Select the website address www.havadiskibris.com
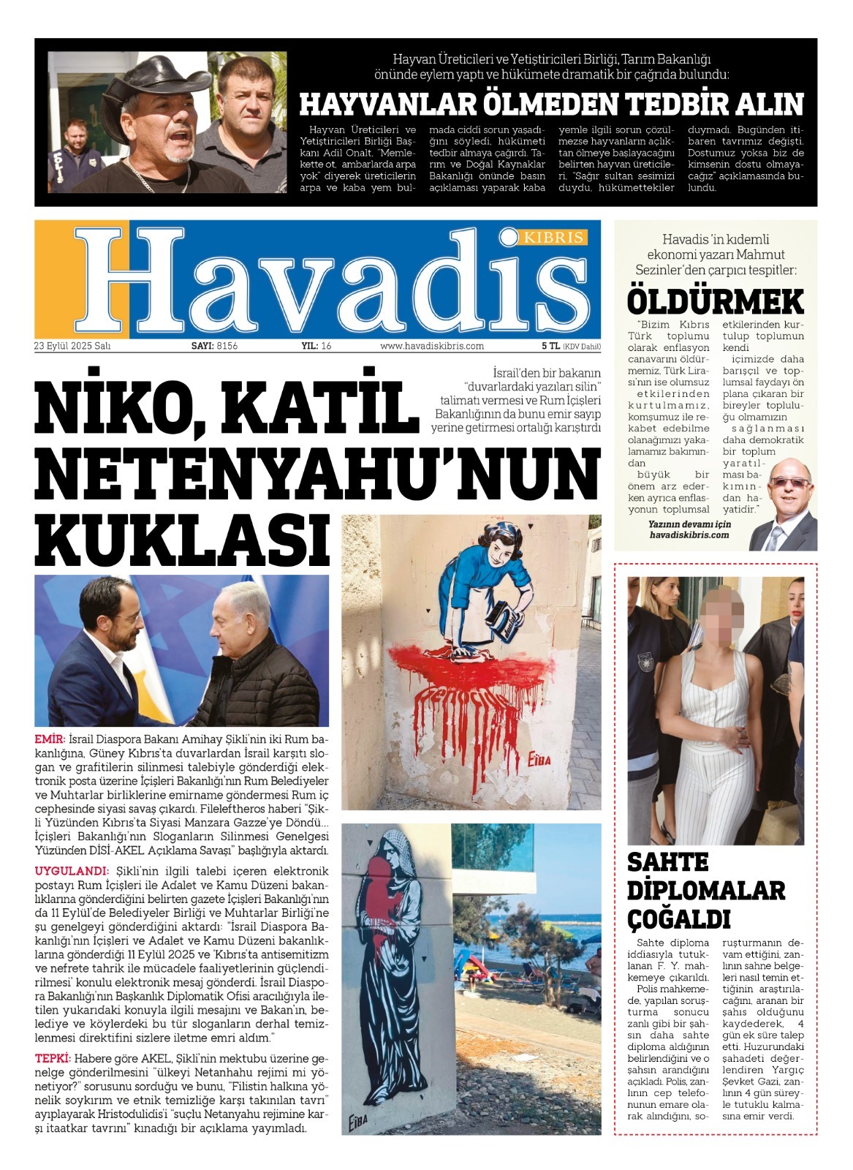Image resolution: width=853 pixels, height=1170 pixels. [x=432, y=346]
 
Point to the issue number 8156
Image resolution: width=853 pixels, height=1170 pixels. [x=227, y=346]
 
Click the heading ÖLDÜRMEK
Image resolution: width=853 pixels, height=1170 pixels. [x=715, y=301]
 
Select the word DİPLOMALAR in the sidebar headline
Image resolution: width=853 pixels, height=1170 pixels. [x=706, y=890]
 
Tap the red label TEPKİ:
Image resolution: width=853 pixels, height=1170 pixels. [x=53, y=1058]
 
